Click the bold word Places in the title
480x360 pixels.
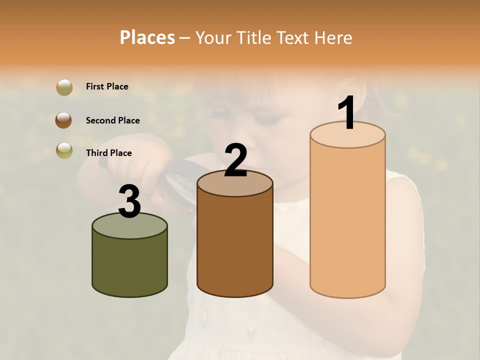(x=147, y=37)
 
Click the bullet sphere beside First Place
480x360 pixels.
(x=64, y=87)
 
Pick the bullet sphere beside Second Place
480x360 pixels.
(x=64, y=120)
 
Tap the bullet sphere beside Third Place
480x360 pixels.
(x=64, y=150)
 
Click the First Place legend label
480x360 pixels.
(x=107, y=86)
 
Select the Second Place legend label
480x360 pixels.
(x=112, y=120)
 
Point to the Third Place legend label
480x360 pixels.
(x=108, y=153)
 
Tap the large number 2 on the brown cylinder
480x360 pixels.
(x=235, y=160)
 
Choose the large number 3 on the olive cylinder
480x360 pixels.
(x=129, y=202)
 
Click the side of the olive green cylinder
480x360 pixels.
(x=129, y=265)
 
